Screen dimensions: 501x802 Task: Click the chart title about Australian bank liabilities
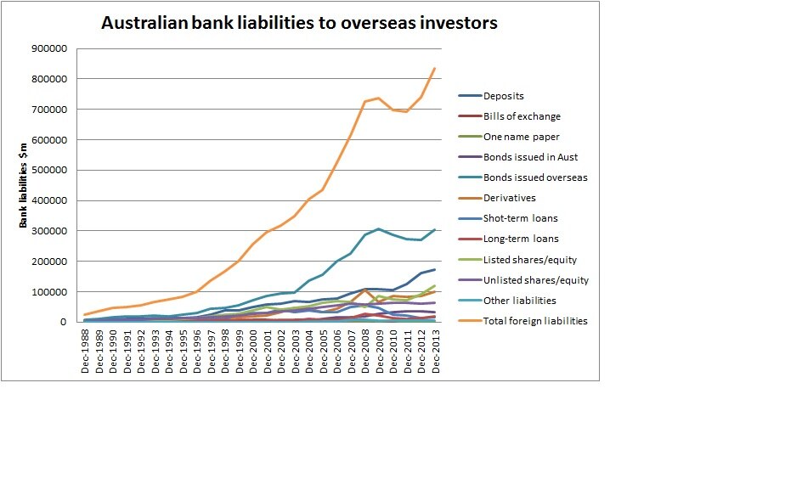point(299,23)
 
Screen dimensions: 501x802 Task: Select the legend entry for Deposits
point(504,96)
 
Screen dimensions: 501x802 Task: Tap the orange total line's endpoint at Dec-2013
point(435,68)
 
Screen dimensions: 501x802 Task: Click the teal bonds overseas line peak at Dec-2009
point(379,229)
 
